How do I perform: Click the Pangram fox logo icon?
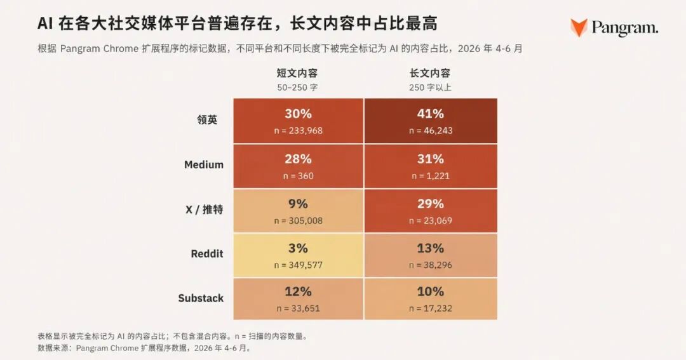pyautogui.click(x=579, y=27)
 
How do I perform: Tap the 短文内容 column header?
pyautogui.click(x=297, y=73)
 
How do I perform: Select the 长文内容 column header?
pyautogui.click(x=429, y=73)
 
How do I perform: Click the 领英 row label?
pyautogui.click(x=207, y=120)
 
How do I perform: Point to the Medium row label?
pyautogui.click(x=204, y=165)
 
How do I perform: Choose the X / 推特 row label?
pyautogui.click(x=205, y=210)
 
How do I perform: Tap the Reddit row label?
pyautogui.click(x=207, y=254)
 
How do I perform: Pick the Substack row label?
pyautogui.click(x=201, y=298)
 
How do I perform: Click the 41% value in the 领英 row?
pyautogui.click(x=431, y=114)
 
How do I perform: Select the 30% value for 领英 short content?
pyautogui.click(x=299, y=114)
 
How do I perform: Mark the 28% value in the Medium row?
pyautogui.click(x=299, y=159)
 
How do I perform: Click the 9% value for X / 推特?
pyautogui.click(x=299, y=204)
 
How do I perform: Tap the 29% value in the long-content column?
pyautogui.click(x=431, y=204)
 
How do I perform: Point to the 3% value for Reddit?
pyautogui.click(x=299, y=248)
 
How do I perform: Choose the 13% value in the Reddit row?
pyautogui.click(x=431, y=248)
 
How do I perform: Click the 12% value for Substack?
pyautogui.click(x=299, y=292)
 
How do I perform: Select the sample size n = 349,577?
pyautogui.click(x=299, y=265)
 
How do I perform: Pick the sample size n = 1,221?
pyautogui.click(x=431, y=176)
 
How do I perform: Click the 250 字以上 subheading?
pyautogui.click(x=430, y=88)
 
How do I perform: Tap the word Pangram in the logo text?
pyautogui.click(x=624, y=29)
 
